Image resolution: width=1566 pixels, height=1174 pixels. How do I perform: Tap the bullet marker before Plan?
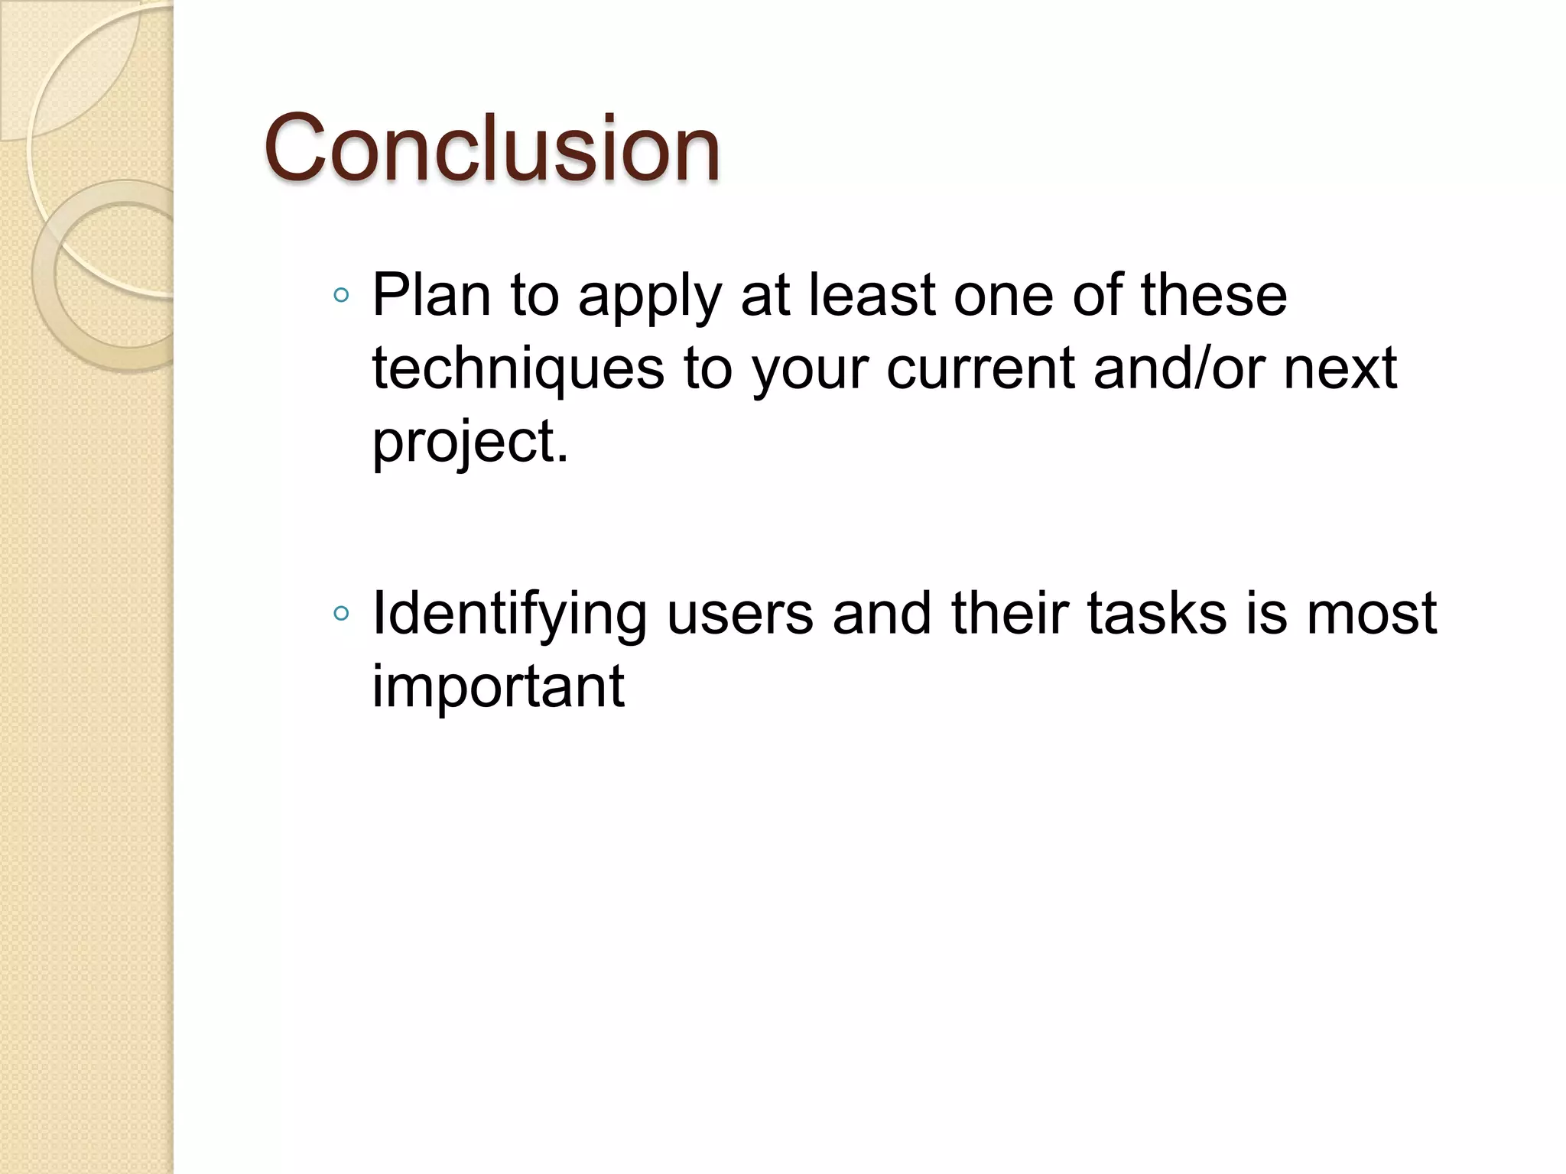click(342, 295)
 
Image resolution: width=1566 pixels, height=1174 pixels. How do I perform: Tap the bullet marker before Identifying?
click(342, 613)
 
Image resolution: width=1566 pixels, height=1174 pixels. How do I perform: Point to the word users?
click(739, 613)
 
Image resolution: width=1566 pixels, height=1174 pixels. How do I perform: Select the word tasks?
click(1156, 613)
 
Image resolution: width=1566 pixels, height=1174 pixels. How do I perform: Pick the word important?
click(498, 686)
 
